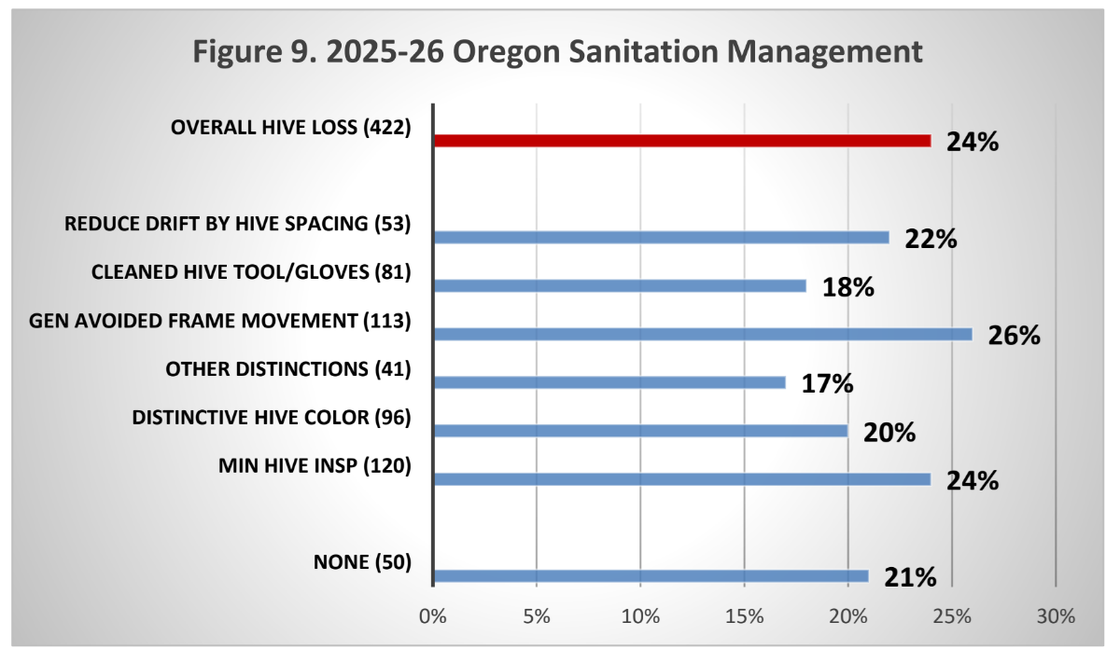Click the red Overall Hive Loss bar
coord(682,141)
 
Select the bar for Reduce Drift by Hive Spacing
coord(662,238)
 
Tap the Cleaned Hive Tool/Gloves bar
coord(620,285)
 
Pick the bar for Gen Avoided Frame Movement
coord(703,334)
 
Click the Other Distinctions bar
coord(609,382)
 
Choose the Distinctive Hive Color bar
coord(641,431)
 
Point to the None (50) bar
coord(651,576)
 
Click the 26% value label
coord(1014,336)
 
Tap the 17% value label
coord(828,383)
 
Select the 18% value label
coord(848,287)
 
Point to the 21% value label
coord(910,577)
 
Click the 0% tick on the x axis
coord(433,616)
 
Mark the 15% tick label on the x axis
coord(745,616)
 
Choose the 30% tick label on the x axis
coord(1056,616)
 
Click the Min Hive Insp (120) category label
coord(315,465)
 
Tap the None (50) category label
coord(362,562)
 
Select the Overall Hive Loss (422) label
coord(291,128)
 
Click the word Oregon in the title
coord(506,52)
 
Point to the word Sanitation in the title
coord(643,50)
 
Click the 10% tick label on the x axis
coord(640,616)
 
